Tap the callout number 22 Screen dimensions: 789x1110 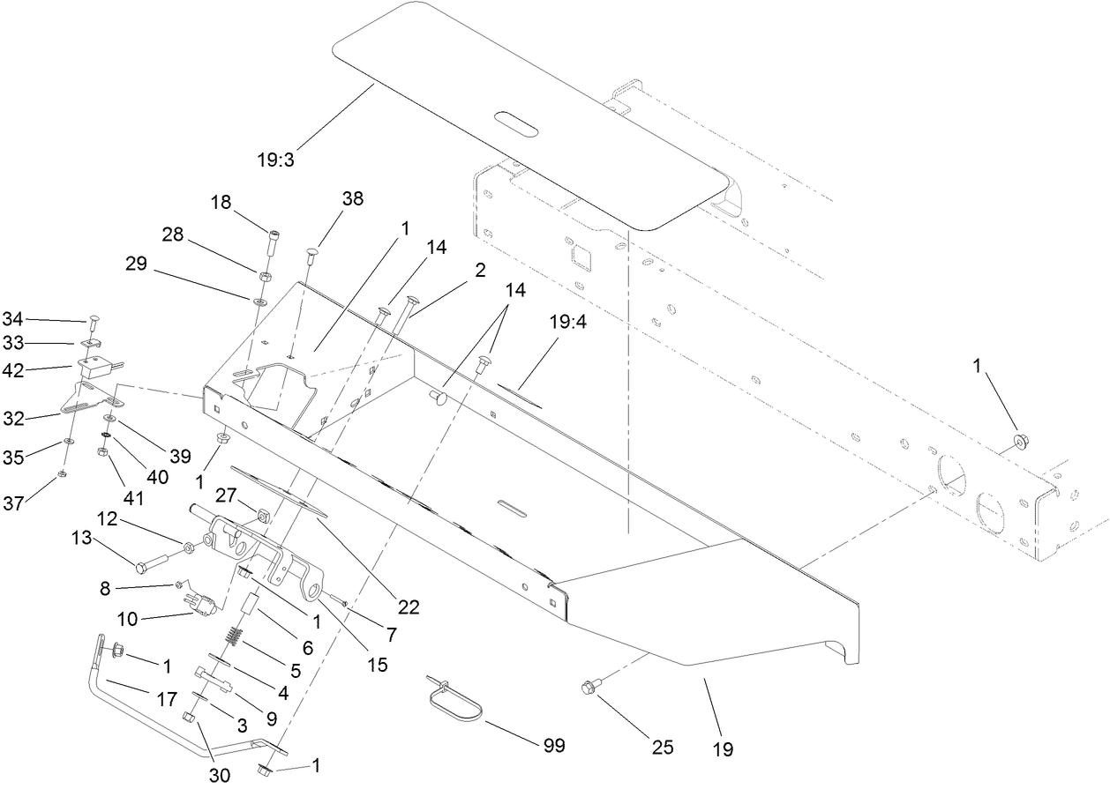pyautogui.click(x=408, y=607)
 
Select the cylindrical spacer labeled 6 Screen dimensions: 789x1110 pyautogui.click(x=249, y=607)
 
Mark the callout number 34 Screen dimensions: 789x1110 pyautogui.click(x=12, y=317)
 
